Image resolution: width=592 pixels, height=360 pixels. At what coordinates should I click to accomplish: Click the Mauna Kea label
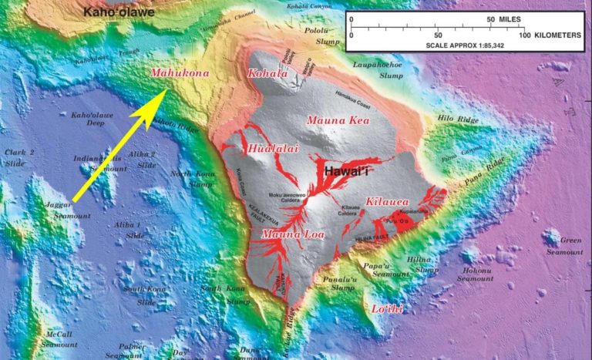click(x=338, y=120)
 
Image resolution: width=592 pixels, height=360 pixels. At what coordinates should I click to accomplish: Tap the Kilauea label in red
click(x=387, y=201)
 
